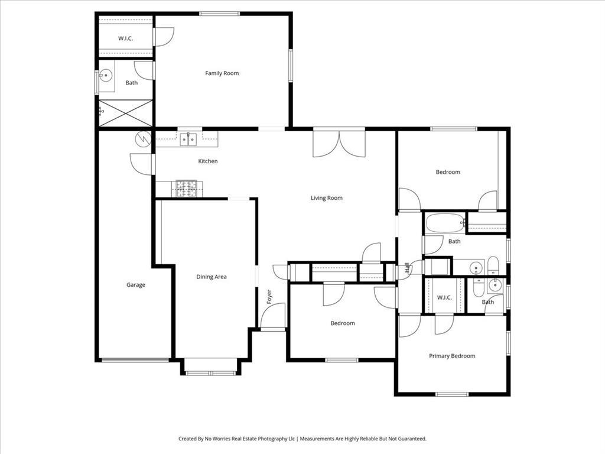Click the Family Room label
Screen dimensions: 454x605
(222, 73)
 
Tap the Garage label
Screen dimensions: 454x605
(135, 285)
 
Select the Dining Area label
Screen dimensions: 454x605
(212, 277)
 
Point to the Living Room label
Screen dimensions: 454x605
(326, 198)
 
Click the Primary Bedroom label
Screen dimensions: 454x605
(452, 356)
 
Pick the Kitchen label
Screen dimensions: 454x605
(207, 161)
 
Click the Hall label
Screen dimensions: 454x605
(407, 269)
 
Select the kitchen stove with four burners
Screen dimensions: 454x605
(187, 189)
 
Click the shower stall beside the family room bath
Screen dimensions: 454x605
(125, 113)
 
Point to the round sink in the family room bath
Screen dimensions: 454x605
(105, 76)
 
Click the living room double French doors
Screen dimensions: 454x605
(339, 143)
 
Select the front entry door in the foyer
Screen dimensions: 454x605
(273, 316)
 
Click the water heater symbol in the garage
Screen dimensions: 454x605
(144, 139)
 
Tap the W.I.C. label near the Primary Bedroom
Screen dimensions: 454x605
(444, 297)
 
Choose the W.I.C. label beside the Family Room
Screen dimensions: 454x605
(125, 38)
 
